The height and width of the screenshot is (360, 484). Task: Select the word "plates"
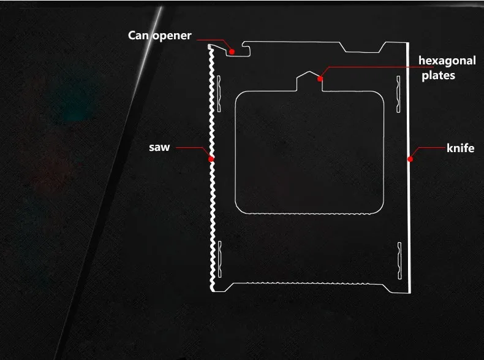(438, 75)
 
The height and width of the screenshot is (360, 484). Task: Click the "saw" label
(159, 147)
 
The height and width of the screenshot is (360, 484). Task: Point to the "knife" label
(460, 148)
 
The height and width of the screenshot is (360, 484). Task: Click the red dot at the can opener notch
(232, 52)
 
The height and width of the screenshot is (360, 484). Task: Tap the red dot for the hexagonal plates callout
(320, 79)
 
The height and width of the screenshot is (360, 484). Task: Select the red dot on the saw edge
(211, 158)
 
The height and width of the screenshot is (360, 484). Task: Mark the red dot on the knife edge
(409, 159)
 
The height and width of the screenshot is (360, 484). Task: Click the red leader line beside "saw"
(190, 148)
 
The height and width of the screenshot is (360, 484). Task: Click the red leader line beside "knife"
(429, 148)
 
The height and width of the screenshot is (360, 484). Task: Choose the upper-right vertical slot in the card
(398, 91)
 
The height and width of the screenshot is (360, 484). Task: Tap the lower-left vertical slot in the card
(219, 257)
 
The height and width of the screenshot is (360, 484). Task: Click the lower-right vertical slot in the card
(399, 258)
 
